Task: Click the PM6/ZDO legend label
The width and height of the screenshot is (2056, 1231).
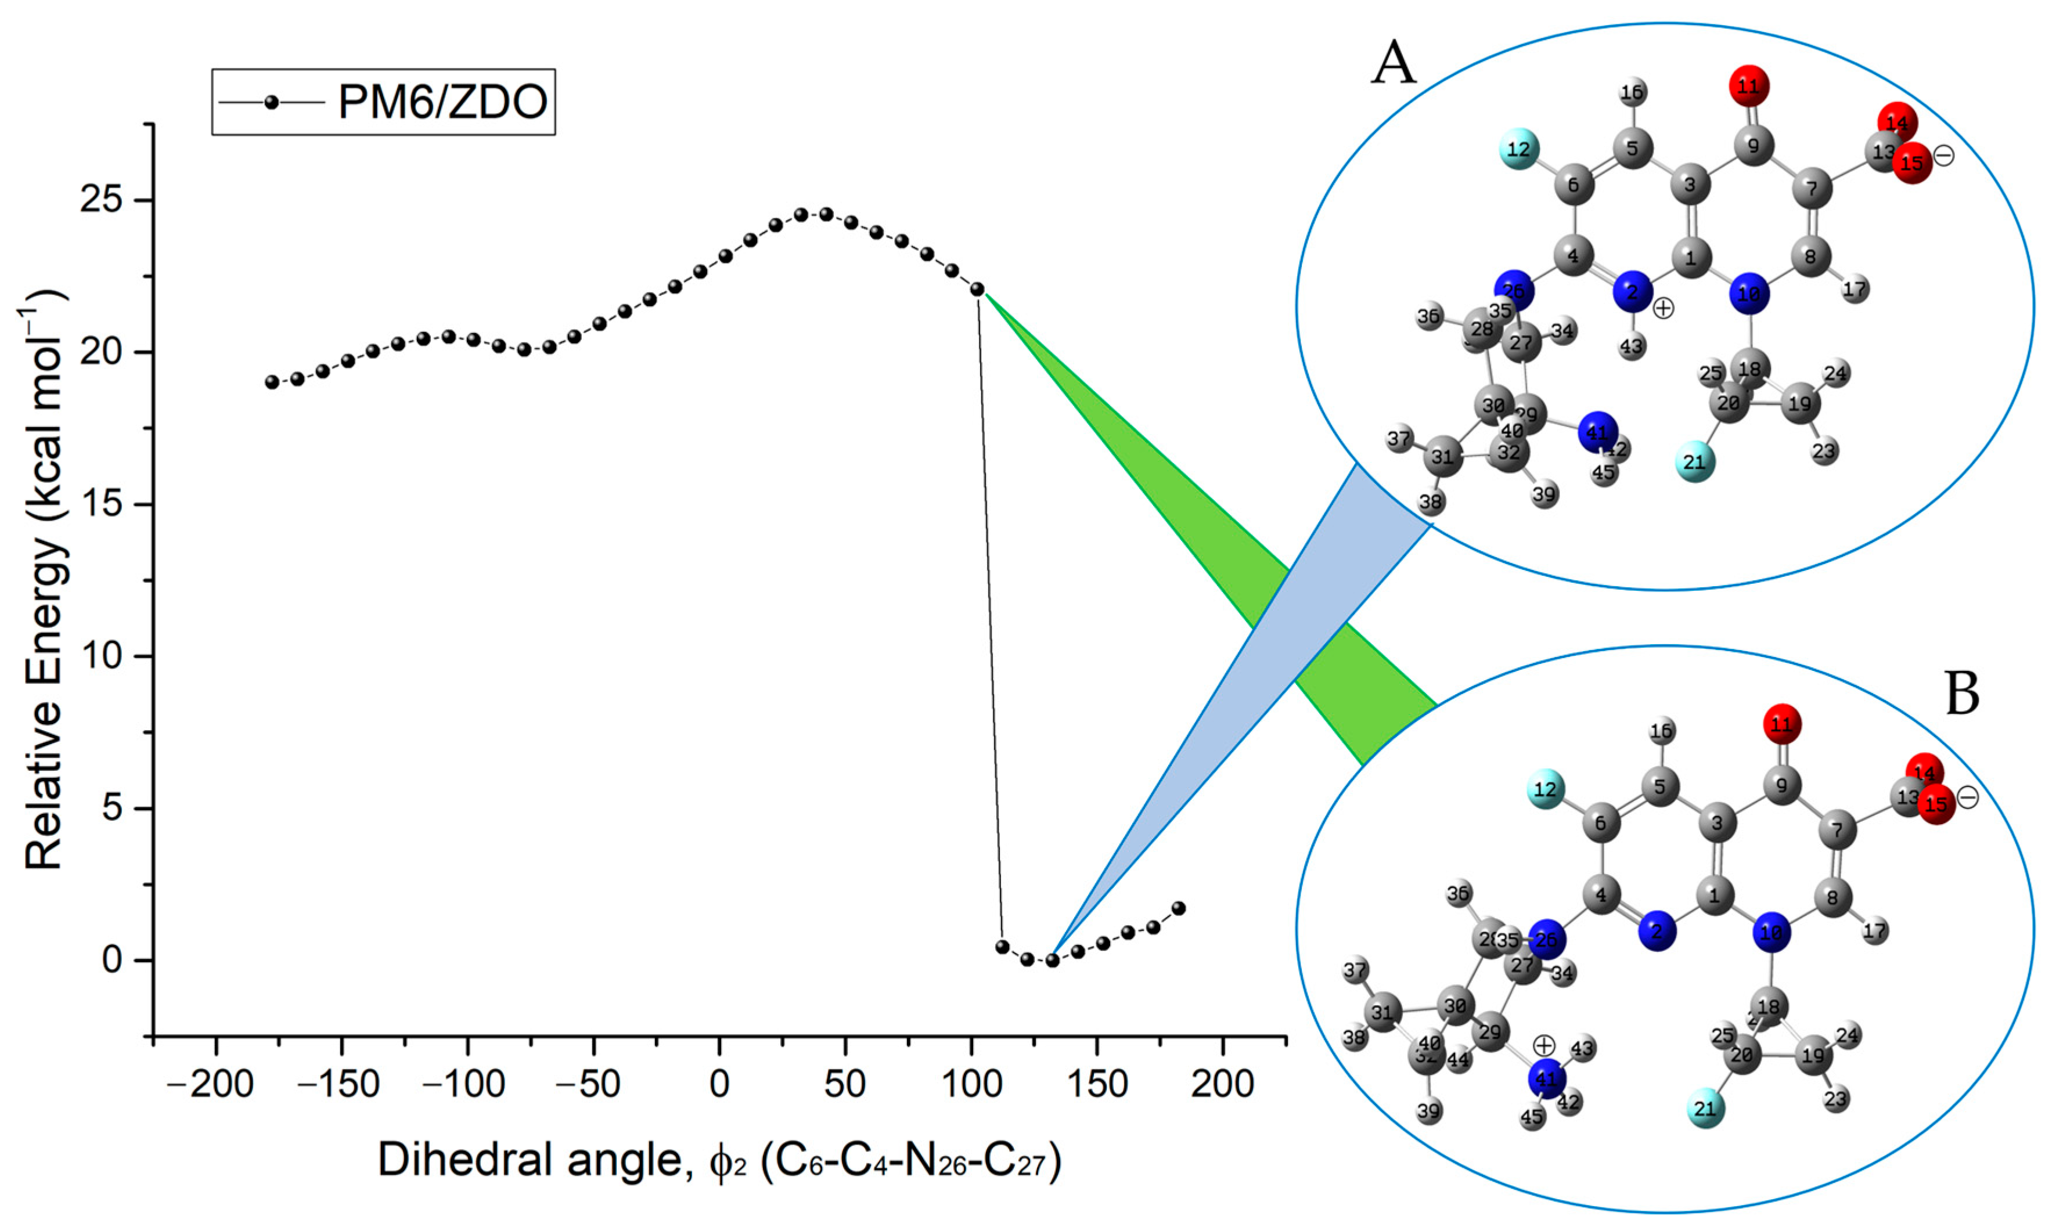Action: [442, 102]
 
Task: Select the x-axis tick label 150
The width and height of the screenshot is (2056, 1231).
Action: [1097, 1084]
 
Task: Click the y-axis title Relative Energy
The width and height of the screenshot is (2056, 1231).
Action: [46, 580]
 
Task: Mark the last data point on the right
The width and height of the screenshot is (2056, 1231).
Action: [1178, 908]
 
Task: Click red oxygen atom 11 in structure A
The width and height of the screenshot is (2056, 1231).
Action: [1749, 85]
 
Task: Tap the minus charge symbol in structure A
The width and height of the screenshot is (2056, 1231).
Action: [1943, 155]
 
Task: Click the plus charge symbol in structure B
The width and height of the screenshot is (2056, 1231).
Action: [1544, 1045]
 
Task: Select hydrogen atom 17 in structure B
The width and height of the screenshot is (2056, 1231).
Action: [1874, 931]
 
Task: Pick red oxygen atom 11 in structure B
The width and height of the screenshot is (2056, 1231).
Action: [1781, 725]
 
